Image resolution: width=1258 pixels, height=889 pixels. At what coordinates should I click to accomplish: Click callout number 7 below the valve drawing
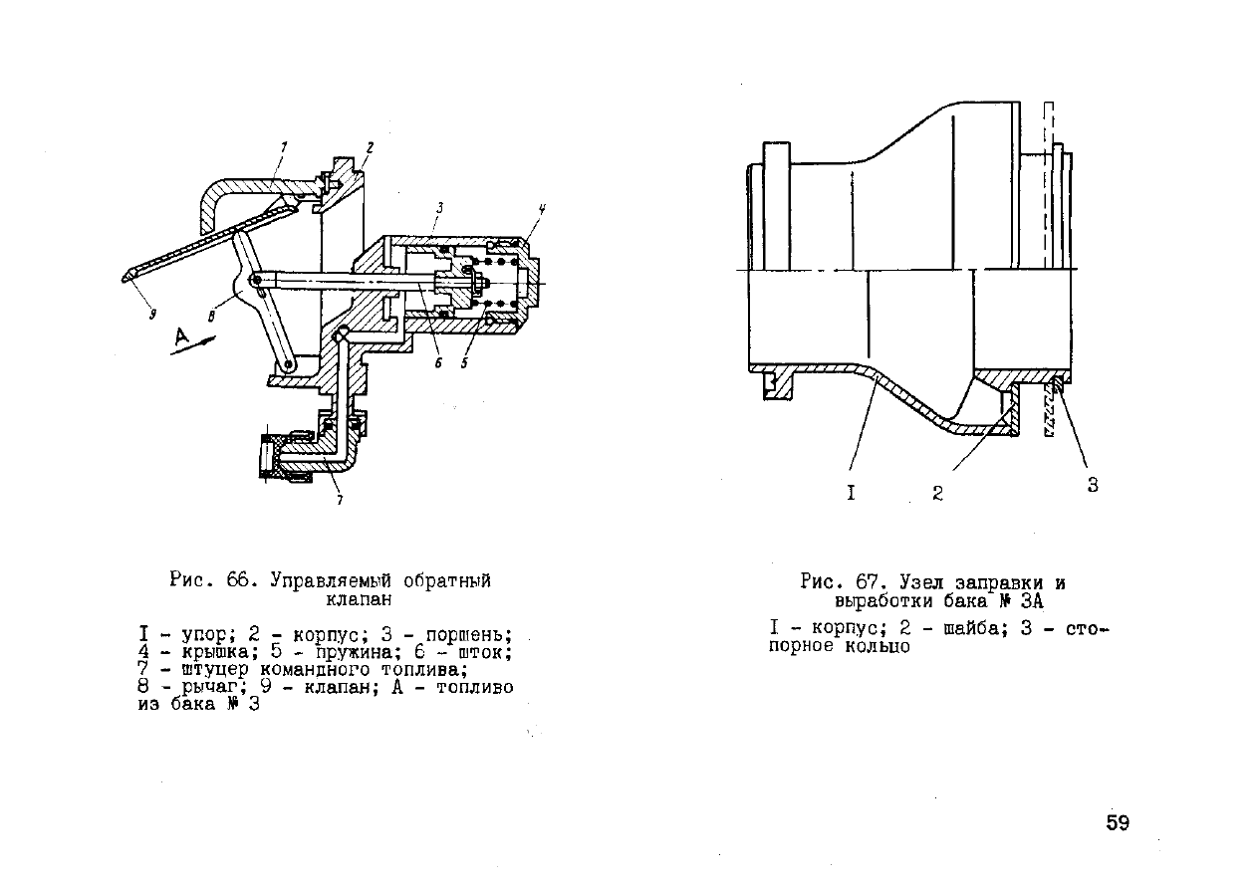(x=340, y=499)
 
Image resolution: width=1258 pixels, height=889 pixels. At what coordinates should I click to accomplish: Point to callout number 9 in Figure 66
(x=152, y=315)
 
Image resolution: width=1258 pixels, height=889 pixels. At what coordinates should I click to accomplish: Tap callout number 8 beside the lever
(x=211, y=318)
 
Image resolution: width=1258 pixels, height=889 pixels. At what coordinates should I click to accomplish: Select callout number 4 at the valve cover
(x=542, y=210)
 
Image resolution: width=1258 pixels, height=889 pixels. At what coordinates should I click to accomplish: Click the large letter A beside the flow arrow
(x=181, y=336)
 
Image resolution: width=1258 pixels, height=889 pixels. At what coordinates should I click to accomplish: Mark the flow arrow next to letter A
(x=193, y=345)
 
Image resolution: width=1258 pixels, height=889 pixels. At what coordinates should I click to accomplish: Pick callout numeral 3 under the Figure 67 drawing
(x=1093, y=485)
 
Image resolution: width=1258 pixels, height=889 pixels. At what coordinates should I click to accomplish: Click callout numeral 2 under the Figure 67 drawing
(x=937, y=493)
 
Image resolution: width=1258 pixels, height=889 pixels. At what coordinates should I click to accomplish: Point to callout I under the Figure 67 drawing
(x=851, y=493)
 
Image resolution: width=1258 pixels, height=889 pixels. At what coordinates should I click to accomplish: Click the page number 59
(x=1118, y=822)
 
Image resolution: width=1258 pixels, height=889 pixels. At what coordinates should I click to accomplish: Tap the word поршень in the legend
(x=469, y=635)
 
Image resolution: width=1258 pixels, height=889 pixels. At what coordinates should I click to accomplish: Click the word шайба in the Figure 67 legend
(x=973, y=628)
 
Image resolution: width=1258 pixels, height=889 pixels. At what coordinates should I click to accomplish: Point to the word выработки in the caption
(x=883, y=601)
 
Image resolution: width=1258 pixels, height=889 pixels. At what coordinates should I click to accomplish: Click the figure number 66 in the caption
(x=238, y=580)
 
